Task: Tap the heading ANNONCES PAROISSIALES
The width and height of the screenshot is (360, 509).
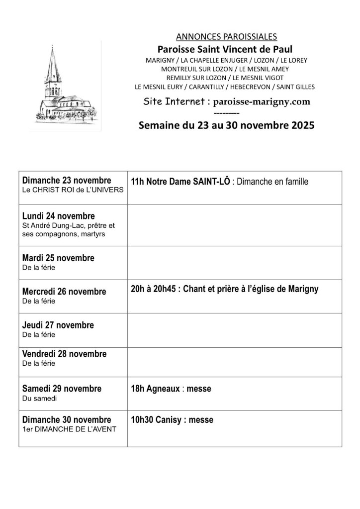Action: pos(226,36)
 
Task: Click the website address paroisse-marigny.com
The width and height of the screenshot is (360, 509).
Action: pos(262,102)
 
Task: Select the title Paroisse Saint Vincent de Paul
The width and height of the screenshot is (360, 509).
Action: pos(225,49)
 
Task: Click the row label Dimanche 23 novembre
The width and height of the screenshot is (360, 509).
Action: pos(67,180)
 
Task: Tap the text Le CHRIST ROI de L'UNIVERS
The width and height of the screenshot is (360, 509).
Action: pos(73,190)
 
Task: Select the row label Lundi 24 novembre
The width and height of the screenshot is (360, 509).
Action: pos(58,216)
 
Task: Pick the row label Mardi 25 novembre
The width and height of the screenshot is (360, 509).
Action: pos(58,258)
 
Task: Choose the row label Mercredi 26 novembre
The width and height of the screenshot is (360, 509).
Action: pos(64,292)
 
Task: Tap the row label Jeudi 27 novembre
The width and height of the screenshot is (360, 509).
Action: pos(58,325)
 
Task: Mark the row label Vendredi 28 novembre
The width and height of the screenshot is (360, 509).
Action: pos(65,354)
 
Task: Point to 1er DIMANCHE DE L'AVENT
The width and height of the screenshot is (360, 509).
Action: pos(69,429)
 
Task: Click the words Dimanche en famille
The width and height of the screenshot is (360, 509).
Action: pos(273,182)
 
